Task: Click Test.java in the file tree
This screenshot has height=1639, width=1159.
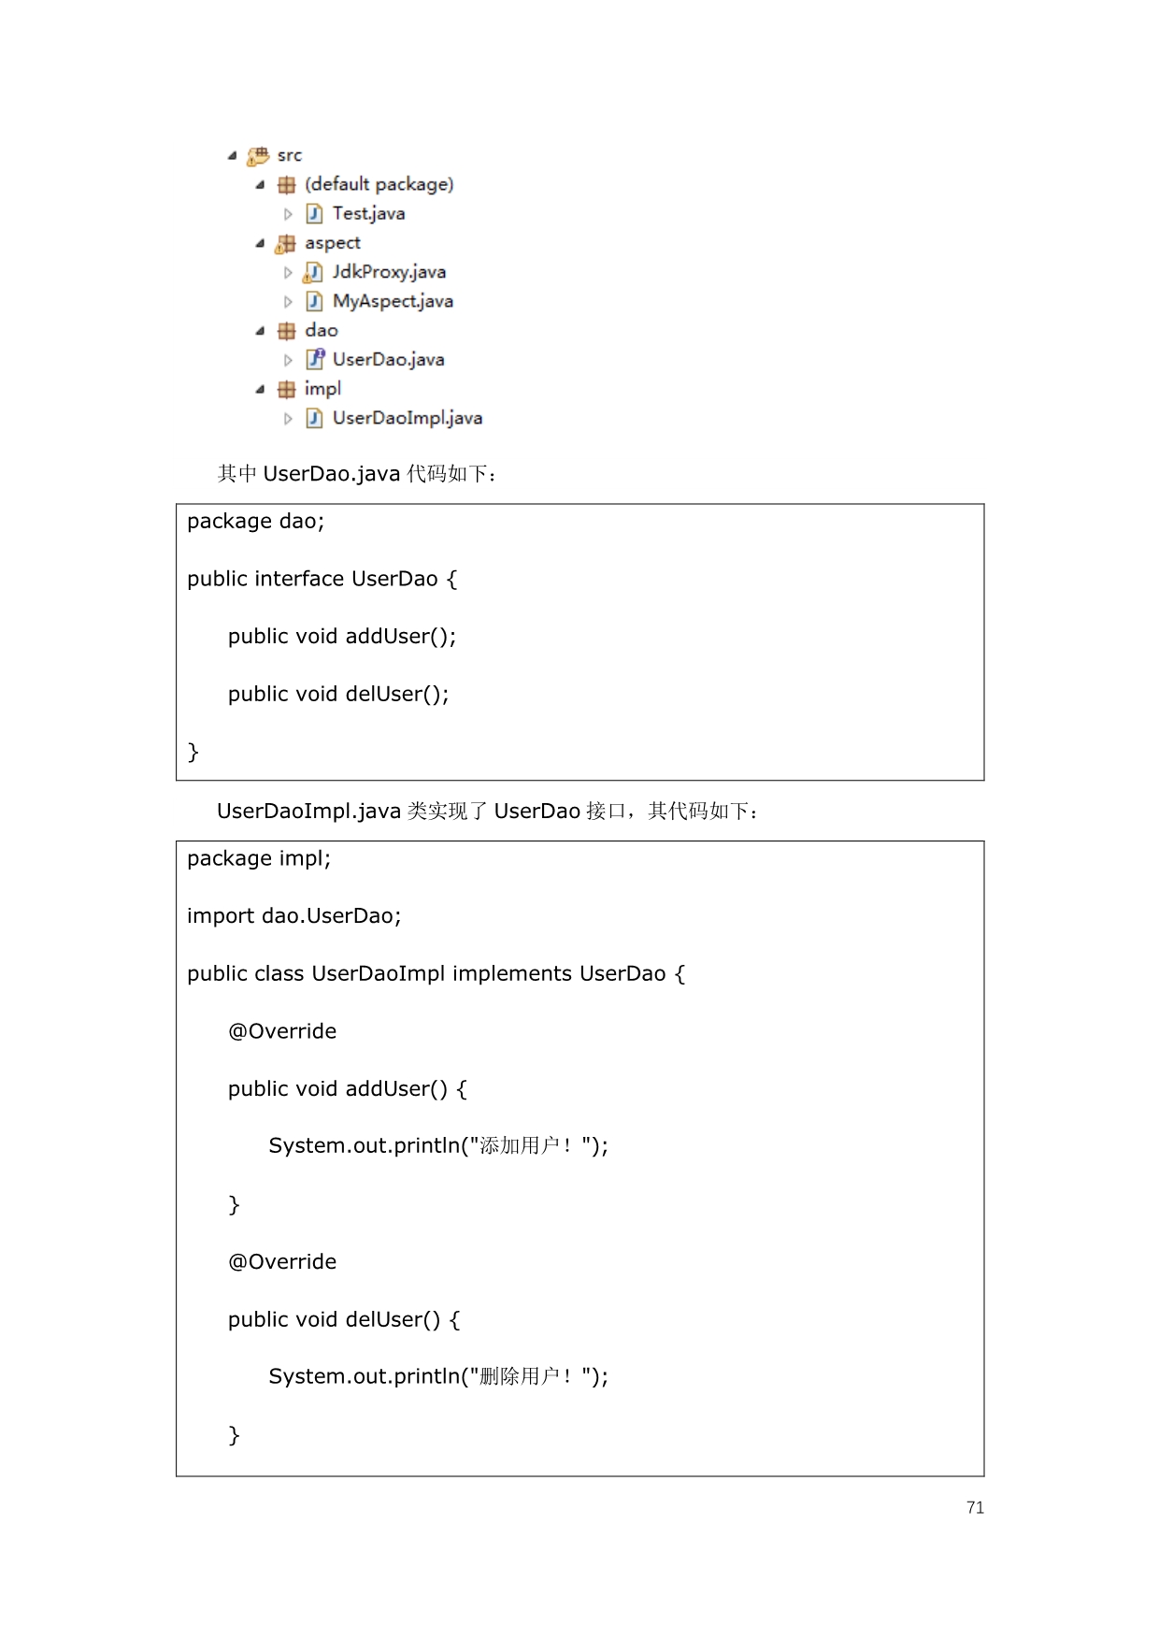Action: pos(368,213)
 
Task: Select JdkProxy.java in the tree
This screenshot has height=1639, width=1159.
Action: pos(389,272)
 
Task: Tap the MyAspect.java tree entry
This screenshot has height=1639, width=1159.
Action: pos(393,301)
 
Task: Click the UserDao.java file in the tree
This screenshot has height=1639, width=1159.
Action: pos(388,359)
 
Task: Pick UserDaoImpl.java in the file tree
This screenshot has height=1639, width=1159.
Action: pos(408,418)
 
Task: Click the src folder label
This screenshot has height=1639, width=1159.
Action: pos(290,155)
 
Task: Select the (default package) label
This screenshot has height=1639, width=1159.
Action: pos(379,184)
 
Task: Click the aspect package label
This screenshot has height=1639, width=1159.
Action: pos(332,243)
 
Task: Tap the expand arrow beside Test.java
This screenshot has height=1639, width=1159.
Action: pos(288,214)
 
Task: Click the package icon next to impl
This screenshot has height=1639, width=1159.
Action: pos(286,389)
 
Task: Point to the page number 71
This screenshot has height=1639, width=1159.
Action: pos(975,1507)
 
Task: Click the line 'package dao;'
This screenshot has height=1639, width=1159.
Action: pos(255,522)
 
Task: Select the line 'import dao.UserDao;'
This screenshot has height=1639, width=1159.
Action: pos(293,915)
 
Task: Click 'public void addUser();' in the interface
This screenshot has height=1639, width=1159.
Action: pos(342,637)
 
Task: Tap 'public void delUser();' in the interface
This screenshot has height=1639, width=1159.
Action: pos(338,695)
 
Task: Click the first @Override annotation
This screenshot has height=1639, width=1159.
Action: pos(282,1031)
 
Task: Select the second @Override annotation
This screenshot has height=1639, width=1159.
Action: pos(282,1262)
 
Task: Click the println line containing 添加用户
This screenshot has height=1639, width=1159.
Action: pos(438,1146)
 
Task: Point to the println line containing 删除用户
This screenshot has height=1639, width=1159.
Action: pos(438,1376)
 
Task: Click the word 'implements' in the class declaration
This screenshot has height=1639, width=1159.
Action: pos(512,974)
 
